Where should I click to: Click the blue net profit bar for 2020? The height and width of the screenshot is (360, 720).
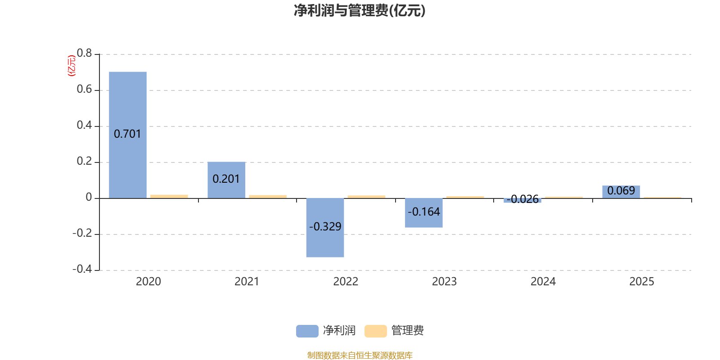(x=128, y=135)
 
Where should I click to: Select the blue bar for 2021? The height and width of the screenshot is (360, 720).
(x=226, y=180)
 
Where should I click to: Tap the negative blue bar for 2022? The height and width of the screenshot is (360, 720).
(x=325, y=228)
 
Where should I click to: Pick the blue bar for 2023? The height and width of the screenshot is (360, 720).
(x=423, y=213)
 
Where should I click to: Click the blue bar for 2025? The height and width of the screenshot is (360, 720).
(x=621, y=192)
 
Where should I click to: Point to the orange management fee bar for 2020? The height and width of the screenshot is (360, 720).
(x=169, y=196)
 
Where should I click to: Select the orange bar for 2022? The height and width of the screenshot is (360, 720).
(x=366, y=197)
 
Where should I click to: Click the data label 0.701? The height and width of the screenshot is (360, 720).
(x=128, y=134)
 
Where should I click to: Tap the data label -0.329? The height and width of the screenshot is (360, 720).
(x=325, y=227)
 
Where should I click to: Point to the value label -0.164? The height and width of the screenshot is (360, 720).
(x=423, y=212)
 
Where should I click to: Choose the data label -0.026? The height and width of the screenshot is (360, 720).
(x=522, y=199)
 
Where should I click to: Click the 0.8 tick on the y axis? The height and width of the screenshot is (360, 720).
(x=84, y=53)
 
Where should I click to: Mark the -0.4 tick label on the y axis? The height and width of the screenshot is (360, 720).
(x=82, y=269)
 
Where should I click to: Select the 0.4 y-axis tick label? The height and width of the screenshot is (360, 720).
(x=84, y=125)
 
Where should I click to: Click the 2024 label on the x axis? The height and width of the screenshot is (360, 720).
(x=543, y=282)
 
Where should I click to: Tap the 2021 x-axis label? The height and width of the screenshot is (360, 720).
(x=247, y=282)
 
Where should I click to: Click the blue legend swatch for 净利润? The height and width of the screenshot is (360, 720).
(x=307, y=331)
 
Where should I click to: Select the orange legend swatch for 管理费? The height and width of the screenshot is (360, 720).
(x=375, y=331)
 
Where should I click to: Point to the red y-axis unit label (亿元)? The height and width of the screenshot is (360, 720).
(x=72, y=66)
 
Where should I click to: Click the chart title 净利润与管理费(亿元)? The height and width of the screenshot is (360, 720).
(x=360, y=11)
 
